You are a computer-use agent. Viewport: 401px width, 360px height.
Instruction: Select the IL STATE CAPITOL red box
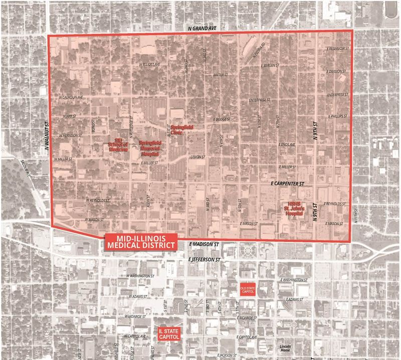[x=168, y=335]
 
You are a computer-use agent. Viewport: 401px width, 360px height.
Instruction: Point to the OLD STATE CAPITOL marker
[x=248, y=290]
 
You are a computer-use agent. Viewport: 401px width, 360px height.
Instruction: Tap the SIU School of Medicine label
[x=118, y=145]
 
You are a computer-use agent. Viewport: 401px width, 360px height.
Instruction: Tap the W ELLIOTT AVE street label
[x=149, y=65]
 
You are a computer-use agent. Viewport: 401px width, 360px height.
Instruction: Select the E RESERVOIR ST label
[x=336, y=49]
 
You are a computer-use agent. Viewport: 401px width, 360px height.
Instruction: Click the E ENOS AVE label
[x=287, y=145]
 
